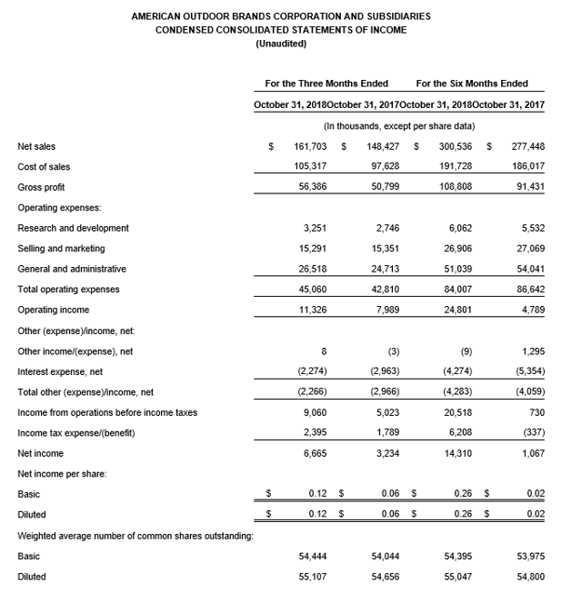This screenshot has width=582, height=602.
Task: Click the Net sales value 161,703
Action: (x=310, y=145)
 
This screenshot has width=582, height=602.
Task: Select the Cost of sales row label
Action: (x=44, y=167)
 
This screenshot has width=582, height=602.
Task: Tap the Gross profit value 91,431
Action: (x=528, y=187)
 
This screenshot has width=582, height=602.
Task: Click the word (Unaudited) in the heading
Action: (x=281, y=44)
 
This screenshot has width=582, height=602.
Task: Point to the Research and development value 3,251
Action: (x=315, y=228)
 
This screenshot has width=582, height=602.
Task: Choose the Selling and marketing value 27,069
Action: (x=528, y=249)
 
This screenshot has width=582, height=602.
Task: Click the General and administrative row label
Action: (x=72, y=269)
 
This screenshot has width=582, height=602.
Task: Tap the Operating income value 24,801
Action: (x=457, y=310)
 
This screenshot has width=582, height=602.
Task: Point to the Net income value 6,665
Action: (x=315, y=453)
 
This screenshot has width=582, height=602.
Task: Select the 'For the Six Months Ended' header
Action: (x=472, y=84)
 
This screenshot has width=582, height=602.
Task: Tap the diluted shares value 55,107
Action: (x=312, y=577)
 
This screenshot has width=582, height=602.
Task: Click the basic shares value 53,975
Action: (x=528, y=556)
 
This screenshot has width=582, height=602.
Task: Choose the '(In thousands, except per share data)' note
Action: (x=400, y=125)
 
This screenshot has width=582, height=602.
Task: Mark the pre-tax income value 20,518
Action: (x=457, y=412)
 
